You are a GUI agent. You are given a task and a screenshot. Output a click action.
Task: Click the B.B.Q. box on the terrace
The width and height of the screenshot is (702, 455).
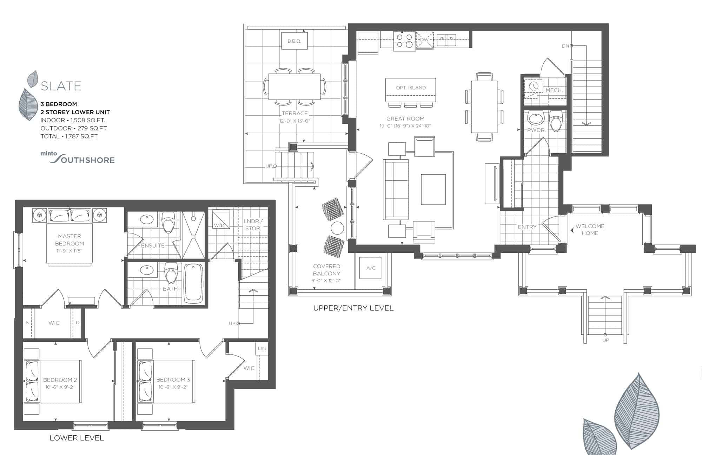294,41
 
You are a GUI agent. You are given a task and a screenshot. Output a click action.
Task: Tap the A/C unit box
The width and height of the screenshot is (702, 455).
371,268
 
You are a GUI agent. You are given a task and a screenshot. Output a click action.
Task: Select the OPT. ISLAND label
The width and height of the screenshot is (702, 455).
411,88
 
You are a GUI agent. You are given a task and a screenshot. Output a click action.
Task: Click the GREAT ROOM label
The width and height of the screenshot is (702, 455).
405,118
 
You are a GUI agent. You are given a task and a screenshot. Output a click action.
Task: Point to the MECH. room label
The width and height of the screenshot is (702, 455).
554,90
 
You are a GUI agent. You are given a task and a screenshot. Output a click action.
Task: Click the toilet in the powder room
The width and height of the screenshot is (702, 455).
555,121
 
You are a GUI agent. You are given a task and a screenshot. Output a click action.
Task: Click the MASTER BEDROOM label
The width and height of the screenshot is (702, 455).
69,240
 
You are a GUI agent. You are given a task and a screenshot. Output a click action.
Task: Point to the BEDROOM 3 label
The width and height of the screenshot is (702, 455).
173,380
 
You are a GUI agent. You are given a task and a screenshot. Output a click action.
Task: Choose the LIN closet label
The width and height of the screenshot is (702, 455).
262,348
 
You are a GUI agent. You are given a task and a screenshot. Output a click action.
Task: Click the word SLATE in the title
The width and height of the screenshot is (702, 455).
61,86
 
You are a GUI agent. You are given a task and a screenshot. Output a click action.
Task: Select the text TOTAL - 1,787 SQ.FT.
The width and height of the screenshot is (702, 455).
69,136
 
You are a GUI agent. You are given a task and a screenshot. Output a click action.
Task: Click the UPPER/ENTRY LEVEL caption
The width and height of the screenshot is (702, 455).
353,308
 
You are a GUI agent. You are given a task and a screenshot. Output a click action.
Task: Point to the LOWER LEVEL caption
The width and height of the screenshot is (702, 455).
77,438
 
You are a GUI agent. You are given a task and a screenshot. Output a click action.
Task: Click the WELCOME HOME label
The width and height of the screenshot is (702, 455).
590,230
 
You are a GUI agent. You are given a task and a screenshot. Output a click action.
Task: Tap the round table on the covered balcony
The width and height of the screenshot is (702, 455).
337,228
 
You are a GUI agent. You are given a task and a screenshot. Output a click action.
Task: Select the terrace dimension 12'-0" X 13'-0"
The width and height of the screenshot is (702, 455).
294,121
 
